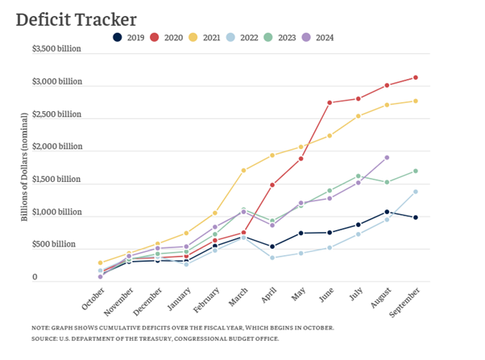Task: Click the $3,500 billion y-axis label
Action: (58, 49)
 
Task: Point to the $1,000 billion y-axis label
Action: (58, 212)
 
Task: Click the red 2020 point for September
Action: (416, 77)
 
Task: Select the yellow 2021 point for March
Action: (243, 170)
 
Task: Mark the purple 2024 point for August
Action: (387, 157)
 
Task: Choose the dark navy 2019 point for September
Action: (416, 217)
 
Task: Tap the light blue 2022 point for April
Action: (272, 258)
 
